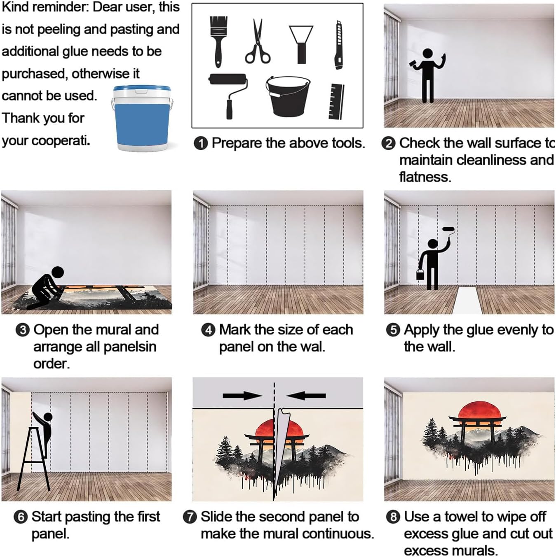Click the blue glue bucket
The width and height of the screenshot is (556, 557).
point(141,119)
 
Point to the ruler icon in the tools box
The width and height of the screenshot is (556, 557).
point(336,101)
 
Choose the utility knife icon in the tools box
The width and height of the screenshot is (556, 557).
point(339,45)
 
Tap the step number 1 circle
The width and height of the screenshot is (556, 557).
point(201,144)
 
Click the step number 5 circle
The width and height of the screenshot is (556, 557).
point(393,330)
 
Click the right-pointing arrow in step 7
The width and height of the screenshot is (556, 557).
point(242,396)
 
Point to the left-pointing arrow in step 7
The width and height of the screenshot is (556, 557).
point(306,396)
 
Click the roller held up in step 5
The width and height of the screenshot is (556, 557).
point(448,229)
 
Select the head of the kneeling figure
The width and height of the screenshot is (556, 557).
point(58,273)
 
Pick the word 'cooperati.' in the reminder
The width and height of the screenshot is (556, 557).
point(61,141)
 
